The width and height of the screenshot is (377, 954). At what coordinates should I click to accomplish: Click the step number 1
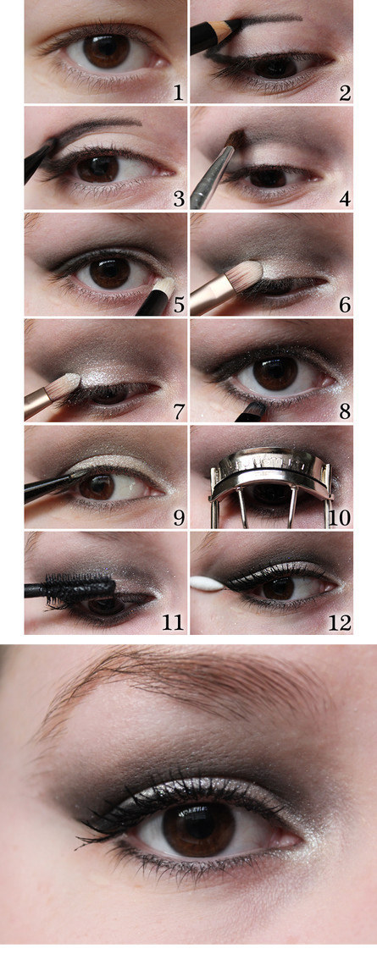(177, 92)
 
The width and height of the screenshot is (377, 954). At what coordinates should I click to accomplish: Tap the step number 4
(345, 199)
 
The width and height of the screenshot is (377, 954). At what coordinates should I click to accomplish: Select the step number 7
(179, 411)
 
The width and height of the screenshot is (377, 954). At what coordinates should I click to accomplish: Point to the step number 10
(340, 518)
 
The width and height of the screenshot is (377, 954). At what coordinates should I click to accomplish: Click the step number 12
(340, 624)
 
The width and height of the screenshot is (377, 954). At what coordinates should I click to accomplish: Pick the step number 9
(179, 518)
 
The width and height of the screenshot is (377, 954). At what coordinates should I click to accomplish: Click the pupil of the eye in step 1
(106, 51)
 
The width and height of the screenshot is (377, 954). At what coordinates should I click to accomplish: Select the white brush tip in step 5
(164, 285)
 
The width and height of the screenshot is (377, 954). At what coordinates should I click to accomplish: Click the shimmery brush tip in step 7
(67, 383)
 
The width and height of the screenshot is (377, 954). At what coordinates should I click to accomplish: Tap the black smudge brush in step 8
(252, 411)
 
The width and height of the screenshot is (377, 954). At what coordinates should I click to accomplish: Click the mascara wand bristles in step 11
(86, 588)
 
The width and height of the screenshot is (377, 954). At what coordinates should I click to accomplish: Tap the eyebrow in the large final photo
(183, 685)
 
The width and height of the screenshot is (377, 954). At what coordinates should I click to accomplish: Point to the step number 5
(179, 305)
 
